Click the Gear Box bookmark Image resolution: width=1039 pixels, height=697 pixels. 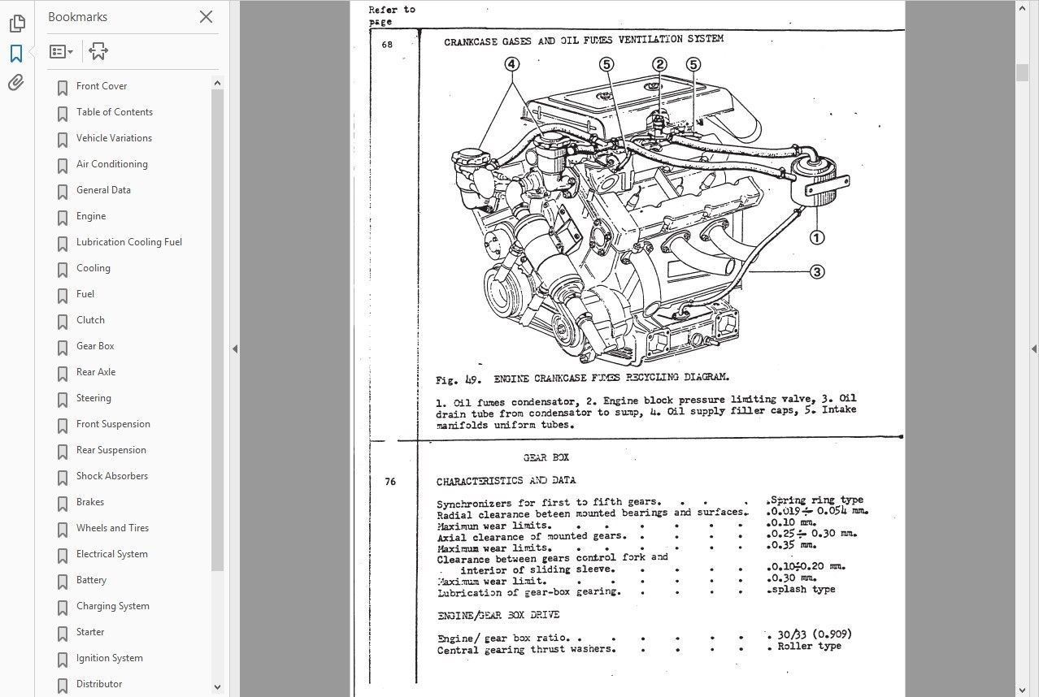tap(95, 346)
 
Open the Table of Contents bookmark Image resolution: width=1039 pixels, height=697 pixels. tap(114, 112)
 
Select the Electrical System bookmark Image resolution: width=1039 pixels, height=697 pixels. tap(111, 554)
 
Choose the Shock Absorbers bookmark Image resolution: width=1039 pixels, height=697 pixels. tap(111, 476)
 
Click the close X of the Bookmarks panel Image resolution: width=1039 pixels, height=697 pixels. tap(206, 17)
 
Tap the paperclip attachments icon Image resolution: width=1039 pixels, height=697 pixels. tap(16, 83)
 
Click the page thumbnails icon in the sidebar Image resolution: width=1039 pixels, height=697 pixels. tap(16, 24)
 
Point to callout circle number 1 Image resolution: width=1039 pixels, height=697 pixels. tap(816, 238)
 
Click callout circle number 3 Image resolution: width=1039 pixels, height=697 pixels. tap(817, 272)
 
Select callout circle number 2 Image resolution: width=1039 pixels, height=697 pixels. tap(659, 64)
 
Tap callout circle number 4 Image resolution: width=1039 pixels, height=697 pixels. tap(511, 64)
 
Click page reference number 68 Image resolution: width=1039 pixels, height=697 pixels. tap(387, 45)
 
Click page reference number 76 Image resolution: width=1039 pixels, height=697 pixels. tap(390, 482)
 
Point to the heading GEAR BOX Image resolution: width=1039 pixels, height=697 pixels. tap(546, 458)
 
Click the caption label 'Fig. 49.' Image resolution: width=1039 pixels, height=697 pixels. tap(459, 379)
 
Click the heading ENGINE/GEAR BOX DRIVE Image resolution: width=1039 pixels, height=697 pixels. tap(498, 615)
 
